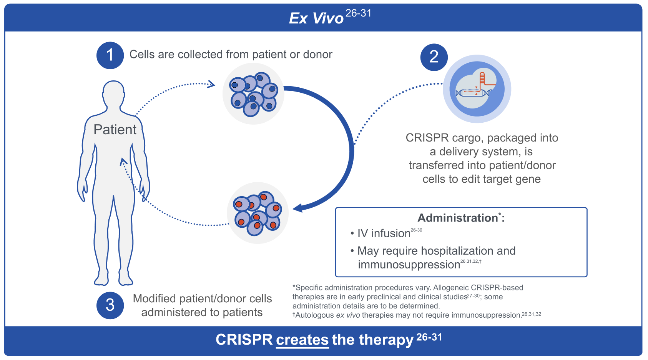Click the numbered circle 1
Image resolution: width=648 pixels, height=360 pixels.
point(110,55)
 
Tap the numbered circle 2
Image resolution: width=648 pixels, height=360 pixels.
point(434,57)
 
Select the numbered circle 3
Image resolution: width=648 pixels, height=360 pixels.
point(110,305)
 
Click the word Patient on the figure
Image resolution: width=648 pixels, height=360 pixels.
point(115,130)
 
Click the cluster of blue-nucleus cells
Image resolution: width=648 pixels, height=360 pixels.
point(253,93)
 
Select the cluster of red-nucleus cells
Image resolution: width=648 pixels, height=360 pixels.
point(258,213)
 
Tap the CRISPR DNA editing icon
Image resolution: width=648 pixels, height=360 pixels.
point(477,89)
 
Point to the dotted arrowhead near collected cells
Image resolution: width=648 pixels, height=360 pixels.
point(211,84)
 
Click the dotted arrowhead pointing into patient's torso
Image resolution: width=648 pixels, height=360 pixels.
point(123,162)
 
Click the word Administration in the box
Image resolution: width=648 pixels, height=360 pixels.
point(457,218)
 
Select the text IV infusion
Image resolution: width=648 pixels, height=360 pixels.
point(384,233)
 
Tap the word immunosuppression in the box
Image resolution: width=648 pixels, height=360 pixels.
point(409,265)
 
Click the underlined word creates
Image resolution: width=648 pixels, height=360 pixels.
point(302,340)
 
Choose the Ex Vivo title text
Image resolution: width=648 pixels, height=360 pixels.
point(316,18)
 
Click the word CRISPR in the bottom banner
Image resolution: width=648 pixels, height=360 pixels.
point(244,340)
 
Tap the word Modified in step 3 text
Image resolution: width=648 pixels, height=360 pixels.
point(155,299)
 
